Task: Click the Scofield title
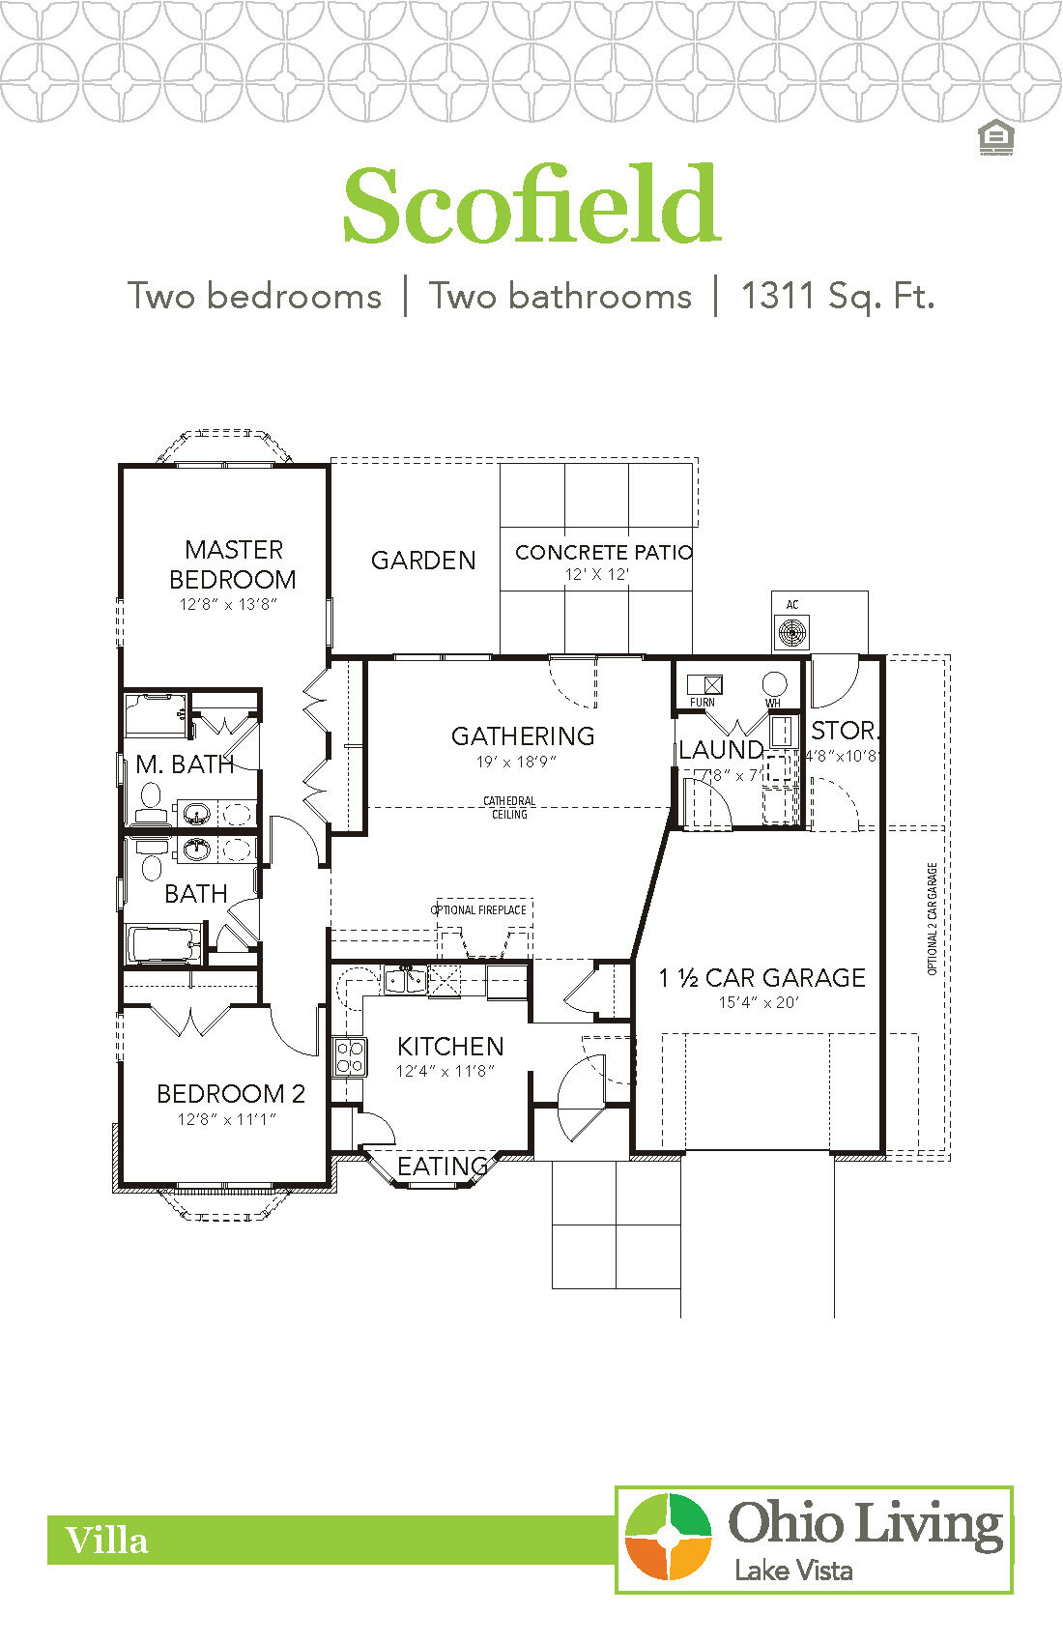531,206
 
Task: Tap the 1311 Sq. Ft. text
837,296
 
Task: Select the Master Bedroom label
233,564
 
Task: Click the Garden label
423,561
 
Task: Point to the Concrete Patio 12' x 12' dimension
597,574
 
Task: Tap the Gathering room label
523,736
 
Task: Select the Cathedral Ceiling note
509,808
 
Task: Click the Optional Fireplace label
478,910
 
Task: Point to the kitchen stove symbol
350,1056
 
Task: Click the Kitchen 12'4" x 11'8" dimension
445,1071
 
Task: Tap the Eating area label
443,1167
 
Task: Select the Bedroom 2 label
231,1094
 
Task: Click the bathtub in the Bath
163,942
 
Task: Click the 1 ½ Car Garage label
761,978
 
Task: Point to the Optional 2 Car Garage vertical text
933,918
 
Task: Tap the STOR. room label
844,731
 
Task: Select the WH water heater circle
774,684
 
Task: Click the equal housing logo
995,138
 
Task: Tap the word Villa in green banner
106,1541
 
